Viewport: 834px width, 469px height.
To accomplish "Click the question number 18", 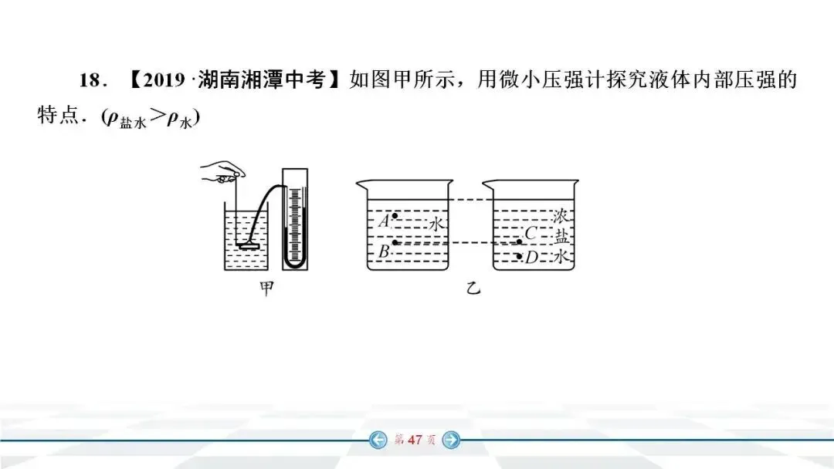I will click(x=90, y=81).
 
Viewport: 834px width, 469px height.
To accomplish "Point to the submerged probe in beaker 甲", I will click(x=249, y=246).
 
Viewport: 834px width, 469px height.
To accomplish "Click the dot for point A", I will click(x=395, y=216).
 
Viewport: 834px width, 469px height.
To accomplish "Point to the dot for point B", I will click(x=395, y=243).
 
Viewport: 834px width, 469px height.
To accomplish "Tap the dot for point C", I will click(x=520, y=241).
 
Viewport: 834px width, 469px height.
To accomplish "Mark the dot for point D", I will click(x=520, y=255).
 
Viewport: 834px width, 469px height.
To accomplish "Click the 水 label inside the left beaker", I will click(x=436, y=224).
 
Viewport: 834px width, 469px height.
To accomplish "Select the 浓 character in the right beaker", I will click(x=561, y=216).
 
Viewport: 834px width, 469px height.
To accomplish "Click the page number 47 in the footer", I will click(x=415, y=440).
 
